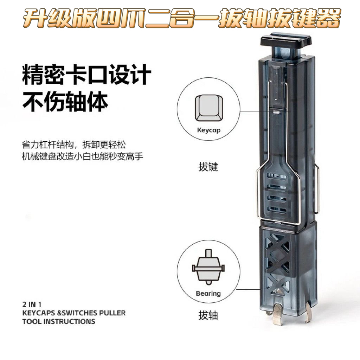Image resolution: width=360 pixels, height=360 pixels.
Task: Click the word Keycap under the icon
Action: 208,130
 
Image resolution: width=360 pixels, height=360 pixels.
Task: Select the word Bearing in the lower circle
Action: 208,293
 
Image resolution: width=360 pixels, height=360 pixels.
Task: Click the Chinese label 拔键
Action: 208,167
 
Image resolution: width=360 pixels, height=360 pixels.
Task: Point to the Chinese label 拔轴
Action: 208,315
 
